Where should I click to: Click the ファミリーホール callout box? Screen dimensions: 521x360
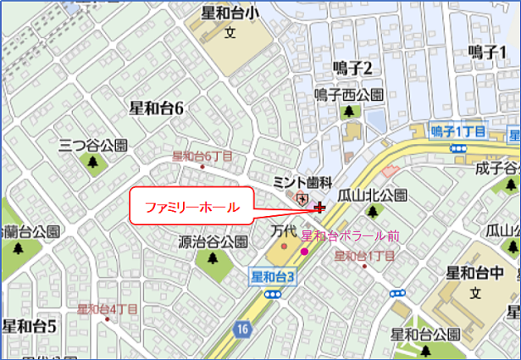tap(191, 207)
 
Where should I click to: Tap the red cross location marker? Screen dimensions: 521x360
tap(319, 207)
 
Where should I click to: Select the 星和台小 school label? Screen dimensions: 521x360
tap(230, 14)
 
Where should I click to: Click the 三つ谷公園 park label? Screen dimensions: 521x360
tap(92, 145)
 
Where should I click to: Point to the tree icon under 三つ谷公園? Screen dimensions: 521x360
tap(91, 161)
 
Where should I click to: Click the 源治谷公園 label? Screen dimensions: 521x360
tap(213, 241)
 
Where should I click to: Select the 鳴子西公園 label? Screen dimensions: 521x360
tap(348, 95)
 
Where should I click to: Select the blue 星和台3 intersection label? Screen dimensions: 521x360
tap(273, 276)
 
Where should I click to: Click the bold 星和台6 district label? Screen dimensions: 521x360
tap(157, 108)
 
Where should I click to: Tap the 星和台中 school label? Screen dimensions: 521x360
tap(476, 274)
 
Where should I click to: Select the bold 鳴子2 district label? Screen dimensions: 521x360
tap(353, 68)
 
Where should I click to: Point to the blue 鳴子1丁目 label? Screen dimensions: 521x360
tap(457, 131)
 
